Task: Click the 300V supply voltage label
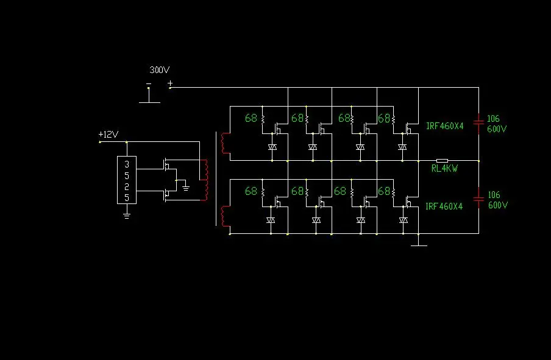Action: coord(160,70)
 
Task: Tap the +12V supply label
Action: coord(108,134)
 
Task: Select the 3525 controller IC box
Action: coord(127,180)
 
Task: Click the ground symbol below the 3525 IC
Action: coord(127,216)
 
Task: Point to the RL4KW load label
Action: coord(444,169)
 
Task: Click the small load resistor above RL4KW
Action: coord(442,161)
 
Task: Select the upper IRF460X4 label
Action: coord(444,125)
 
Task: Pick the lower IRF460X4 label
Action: coord(444,206)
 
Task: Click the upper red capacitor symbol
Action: coord(478,122)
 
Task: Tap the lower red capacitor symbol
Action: coord(478,199)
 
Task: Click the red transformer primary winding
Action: coord(204,180)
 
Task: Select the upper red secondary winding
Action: coord(225,143)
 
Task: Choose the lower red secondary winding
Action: coord(225,216)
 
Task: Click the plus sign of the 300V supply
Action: coord(170,83)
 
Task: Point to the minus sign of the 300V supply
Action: coord(149,83)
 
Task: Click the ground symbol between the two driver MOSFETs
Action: coord(186,188)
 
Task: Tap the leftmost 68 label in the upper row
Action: coord(251,118)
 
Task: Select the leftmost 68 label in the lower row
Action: coord(251,191)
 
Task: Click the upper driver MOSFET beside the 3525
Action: coord(166,165)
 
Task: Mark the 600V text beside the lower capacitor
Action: coord(498,205)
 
